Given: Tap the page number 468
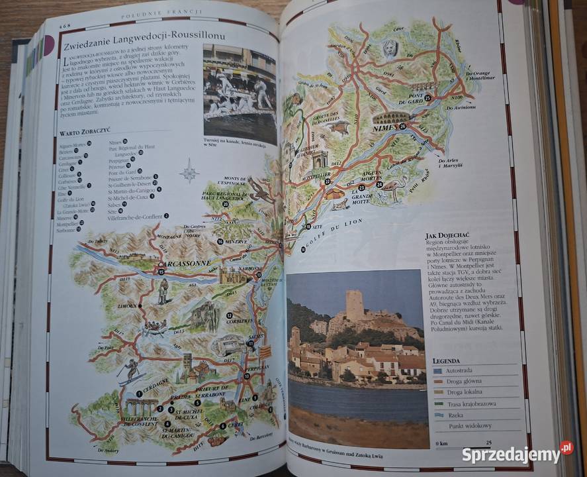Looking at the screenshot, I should (65, 25).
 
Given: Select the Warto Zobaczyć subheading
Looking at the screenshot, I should (85, 132).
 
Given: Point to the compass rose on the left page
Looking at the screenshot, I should (189, 171).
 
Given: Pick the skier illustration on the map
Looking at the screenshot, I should (131, 371).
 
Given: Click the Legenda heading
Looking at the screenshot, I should (446, 360).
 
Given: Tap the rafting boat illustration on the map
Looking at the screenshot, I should (155, 327).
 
